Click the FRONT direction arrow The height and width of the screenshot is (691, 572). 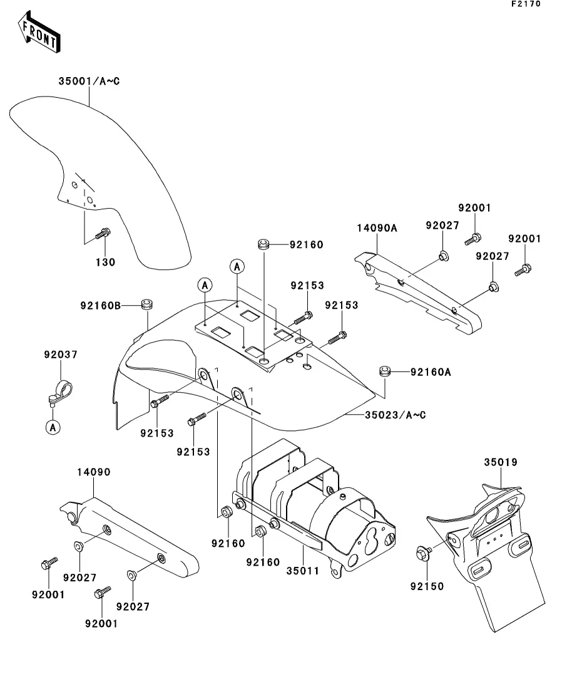pyautogui.click(x=39, y=32)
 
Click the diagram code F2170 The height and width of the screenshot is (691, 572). pyautogui.click(x=526, y=4)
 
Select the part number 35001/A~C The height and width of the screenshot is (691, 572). pyautogui.click(x=89, y=81)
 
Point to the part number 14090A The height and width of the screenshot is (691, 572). pyautogui.click(x=377, y=228)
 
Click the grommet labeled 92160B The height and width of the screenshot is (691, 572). pyautogui.click(x=146, y=304)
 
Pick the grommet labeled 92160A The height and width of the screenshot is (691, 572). pyautogui.click(x=385, y=371)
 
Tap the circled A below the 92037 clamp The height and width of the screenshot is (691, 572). pyautogui.click(x=53, y=427)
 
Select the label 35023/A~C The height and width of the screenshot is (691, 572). pyautogui.click(x=396, y=415)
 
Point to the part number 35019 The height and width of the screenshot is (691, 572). pyautogui.click(x=501, y=462)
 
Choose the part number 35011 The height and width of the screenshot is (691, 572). pyautogui.click(x=302, y=571)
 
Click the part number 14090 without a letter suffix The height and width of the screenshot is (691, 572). pyautogui.click(x=94, y=472)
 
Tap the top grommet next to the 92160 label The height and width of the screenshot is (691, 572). pyautogui.click(x=263, y=244)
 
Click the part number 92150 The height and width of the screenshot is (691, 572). pyautogui.click(x=427, y=586)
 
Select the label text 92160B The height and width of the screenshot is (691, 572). pyautogui.click(x=100, y=305)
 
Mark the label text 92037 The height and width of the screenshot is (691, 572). pyautogui.click(x=61, y=355)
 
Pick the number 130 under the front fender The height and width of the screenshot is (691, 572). pyautogui.click(x=106, y=262)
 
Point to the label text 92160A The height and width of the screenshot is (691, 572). pyautogui.click(x=431, y=372)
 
